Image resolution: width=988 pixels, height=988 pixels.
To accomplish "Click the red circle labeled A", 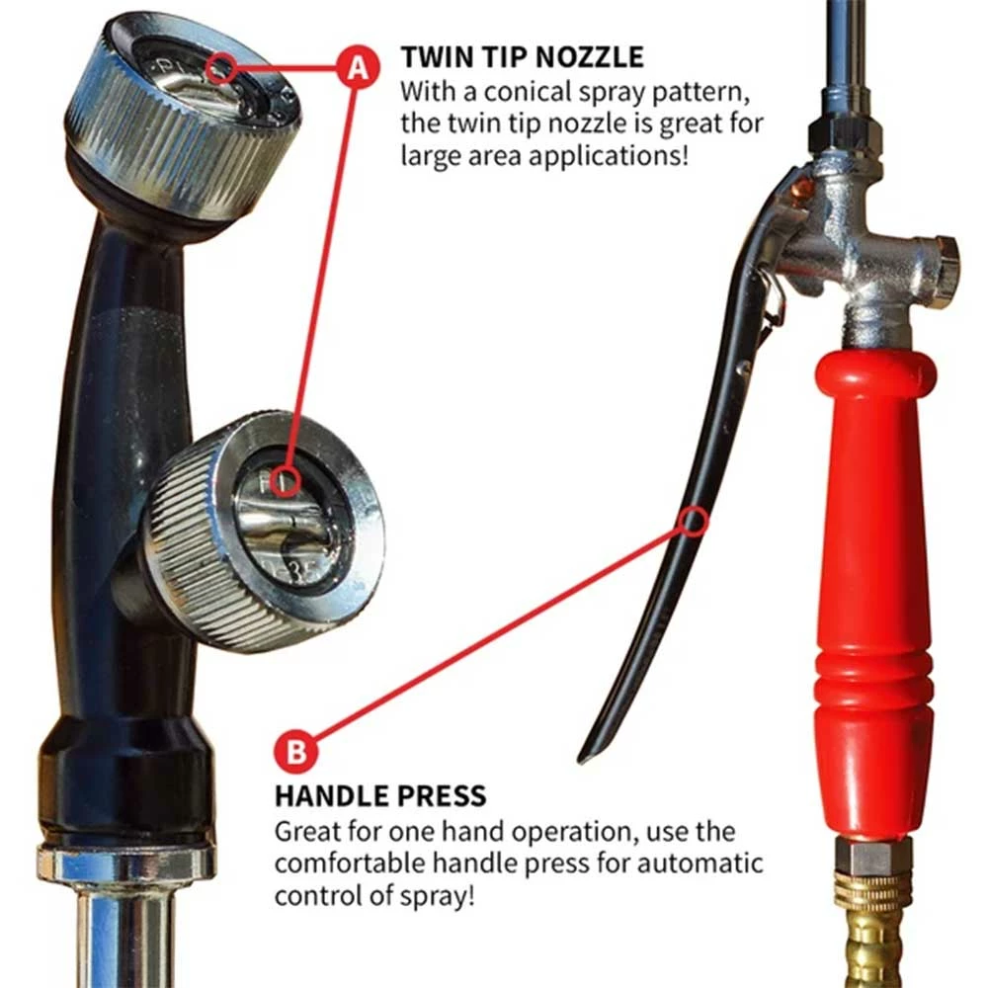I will tap(357, 66).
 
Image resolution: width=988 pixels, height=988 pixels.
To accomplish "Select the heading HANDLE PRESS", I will tap(380, 794).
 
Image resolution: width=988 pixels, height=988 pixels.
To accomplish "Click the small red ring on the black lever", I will tap(695, 521).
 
